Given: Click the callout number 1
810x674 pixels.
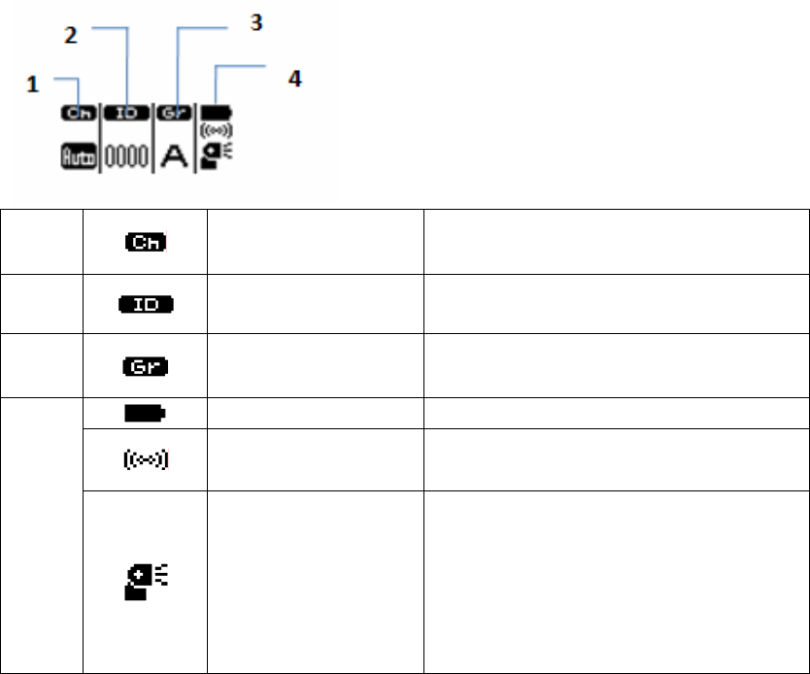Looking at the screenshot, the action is click(32, 85).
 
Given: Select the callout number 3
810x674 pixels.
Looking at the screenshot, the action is click(255, 21).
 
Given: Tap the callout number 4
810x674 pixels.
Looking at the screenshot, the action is click(295, 79).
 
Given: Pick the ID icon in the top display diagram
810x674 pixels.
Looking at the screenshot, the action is click(127, 113).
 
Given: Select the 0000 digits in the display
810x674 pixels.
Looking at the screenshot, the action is click(127, 156).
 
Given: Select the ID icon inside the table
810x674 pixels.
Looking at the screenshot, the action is click(146, 305).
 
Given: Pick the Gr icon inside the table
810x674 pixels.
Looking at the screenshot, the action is click(146, 366).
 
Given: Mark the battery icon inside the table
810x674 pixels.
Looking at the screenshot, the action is click(146, 414).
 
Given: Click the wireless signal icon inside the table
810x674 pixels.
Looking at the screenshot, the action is click(146, 459).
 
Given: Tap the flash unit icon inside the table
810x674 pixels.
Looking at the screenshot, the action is click(146, 581).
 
